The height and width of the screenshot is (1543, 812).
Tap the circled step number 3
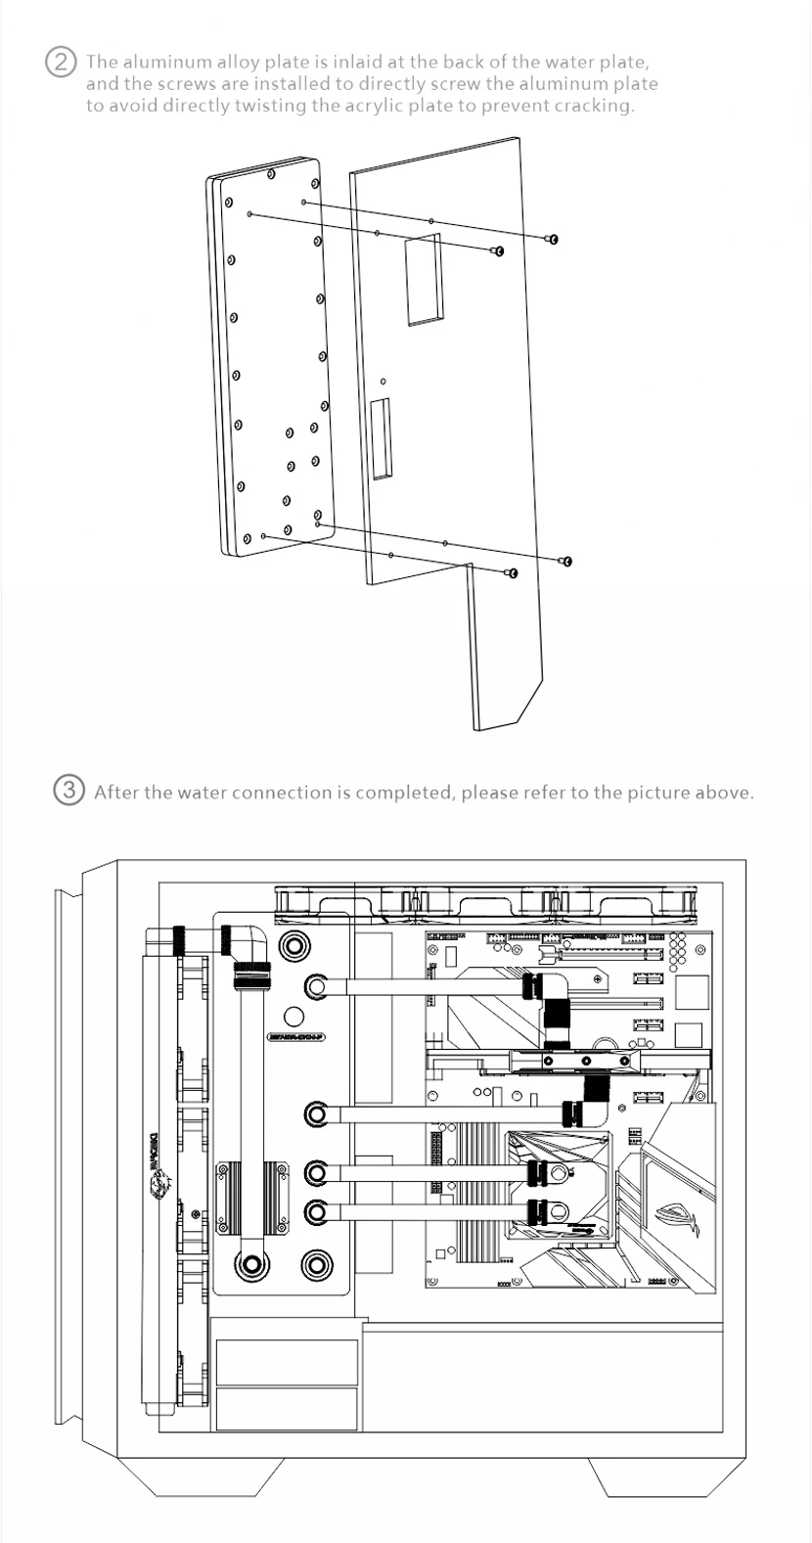68,791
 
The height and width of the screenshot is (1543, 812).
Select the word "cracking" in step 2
594,106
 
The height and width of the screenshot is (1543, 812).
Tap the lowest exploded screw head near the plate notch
512,572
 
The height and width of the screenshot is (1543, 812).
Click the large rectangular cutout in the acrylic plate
424,278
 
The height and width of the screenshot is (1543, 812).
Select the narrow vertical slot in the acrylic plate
380,436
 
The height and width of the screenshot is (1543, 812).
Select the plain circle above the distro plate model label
293,1018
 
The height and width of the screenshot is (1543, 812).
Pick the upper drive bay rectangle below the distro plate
287,1362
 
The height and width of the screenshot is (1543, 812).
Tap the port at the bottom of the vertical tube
251,1265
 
